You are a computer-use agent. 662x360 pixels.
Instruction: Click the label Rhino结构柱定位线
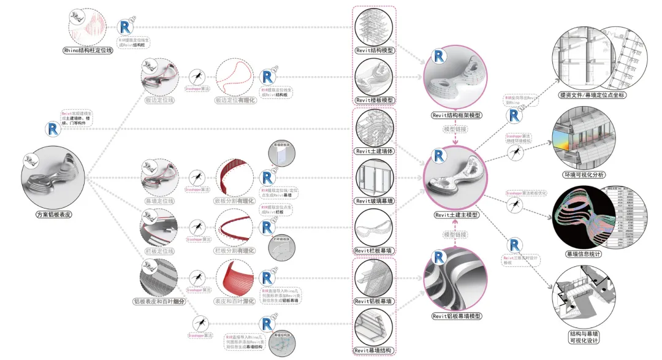[89, 51]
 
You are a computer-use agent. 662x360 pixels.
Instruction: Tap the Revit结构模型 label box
[375, 51]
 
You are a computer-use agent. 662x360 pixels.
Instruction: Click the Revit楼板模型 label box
[375, 100]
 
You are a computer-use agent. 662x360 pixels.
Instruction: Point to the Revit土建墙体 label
[375, 151]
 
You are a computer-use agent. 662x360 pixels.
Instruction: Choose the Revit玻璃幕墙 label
[375, 201]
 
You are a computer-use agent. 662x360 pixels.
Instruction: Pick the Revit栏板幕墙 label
[375, 251]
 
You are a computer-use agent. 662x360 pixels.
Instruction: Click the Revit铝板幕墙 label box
[375, 301]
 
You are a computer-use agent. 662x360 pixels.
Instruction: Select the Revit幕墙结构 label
[375, 350]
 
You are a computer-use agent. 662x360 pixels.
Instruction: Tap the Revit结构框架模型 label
[456, 115]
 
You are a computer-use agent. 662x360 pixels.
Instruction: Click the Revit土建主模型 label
[456, 215]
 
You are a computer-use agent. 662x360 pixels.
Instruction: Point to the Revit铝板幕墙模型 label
[456, 316]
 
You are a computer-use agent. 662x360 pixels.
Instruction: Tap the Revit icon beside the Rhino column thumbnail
[127, 28]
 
